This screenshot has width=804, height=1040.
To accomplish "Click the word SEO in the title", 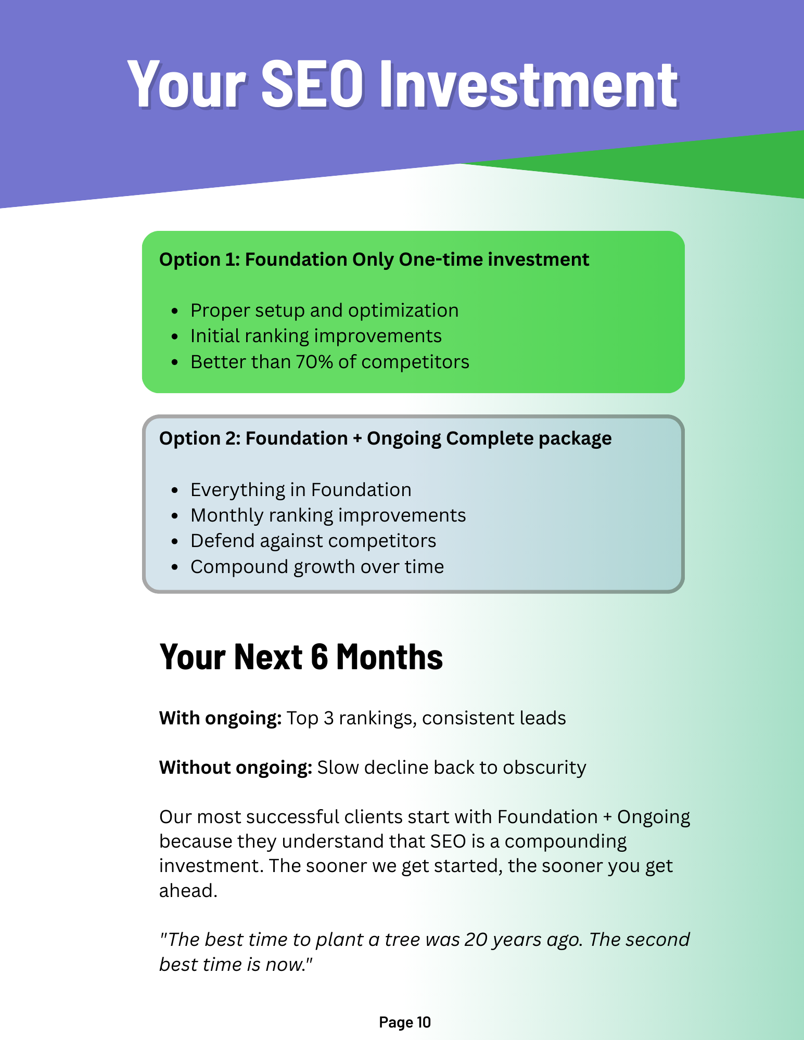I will click(311, 84).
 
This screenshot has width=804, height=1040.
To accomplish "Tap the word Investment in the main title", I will click(528, 84).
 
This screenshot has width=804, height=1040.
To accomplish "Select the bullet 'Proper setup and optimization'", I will click(324, 310).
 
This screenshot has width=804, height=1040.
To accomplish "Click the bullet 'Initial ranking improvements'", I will click(316, 336).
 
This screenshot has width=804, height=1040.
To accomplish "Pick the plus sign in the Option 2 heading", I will click(357, 438).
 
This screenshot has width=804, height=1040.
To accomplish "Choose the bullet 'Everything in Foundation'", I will click(301, 490).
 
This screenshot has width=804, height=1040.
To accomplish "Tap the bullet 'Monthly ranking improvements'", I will click(328, 515).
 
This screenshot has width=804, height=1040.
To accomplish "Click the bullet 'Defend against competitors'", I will click(313, 541).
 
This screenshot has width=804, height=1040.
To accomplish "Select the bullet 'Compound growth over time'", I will click(317, 567).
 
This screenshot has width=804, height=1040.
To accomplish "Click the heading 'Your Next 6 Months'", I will click(301, 657).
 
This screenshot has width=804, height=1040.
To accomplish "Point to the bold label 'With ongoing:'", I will click(220, 718).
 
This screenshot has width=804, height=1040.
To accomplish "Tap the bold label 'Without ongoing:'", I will click(235, 768).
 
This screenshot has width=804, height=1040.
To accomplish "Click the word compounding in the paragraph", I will click(565, 841).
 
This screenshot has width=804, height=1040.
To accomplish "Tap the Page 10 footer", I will click(404, 1022).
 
